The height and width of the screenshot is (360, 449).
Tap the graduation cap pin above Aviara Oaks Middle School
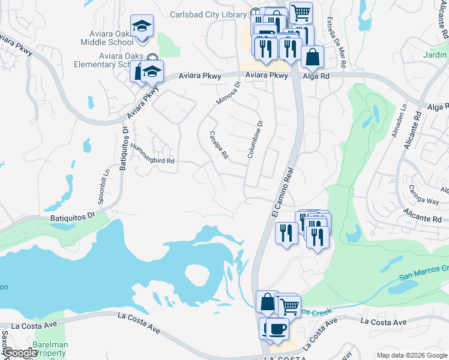143,26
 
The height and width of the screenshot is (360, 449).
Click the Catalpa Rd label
218,145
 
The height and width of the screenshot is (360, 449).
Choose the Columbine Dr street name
255,140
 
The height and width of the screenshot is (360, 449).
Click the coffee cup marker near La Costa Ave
277,329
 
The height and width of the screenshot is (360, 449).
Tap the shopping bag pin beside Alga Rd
312,58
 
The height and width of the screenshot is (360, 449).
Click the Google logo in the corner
20,353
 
